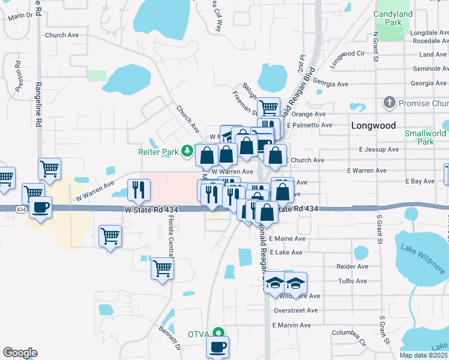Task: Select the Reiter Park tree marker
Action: [x=187, y=150]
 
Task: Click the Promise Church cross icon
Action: [x=390, y=103]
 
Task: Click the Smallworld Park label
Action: [x=425, y=137]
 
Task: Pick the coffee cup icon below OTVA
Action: [x=217, y=346]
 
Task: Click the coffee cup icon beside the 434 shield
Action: [x=41, y=208]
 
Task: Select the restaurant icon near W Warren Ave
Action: [x=139, y=190]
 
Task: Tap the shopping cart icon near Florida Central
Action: [x=162, y=269]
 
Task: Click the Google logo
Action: [x=20, y=353]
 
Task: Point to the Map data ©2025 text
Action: [x=423, y=355]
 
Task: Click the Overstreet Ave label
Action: [x=295, y=311]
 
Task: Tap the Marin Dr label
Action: [x=20, y=16]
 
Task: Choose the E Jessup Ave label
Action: [x=379, y=149]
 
